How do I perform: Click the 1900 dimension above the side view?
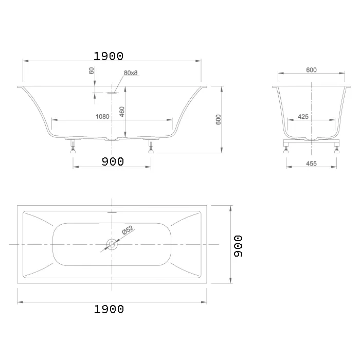109,56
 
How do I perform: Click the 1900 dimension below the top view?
109,309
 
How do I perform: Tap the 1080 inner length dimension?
102,117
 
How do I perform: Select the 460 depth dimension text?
122,112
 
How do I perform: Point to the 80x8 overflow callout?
131,73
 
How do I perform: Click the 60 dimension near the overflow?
92,71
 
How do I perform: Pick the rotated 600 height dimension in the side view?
219,120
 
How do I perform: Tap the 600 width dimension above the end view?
311,70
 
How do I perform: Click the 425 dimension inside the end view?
303,117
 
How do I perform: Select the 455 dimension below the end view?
311,164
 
